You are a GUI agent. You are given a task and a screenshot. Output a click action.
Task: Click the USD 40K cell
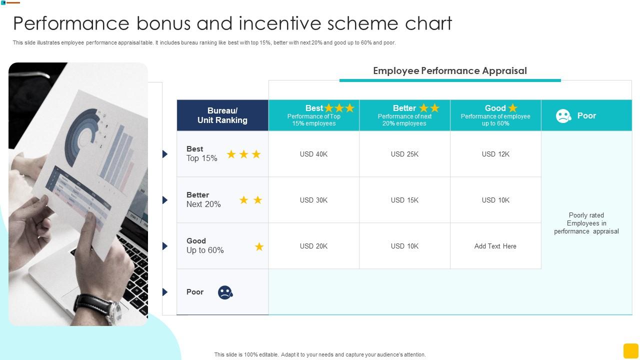[x=313, y=154]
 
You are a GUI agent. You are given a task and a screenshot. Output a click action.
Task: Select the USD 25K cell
[x=404, y=154]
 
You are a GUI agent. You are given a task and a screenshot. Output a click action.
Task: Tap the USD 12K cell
[x=495, y=154]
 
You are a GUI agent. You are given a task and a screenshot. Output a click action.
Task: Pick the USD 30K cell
[x=313, y=200]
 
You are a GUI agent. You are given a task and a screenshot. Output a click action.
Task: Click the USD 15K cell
[x=404, y=200]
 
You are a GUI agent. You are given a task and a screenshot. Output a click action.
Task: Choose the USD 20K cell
[x=313, y=246]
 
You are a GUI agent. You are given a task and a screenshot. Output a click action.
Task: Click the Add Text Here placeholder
[x=495, y=246]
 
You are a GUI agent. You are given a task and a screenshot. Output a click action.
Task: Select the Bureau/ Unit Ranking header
[x=222, y=115]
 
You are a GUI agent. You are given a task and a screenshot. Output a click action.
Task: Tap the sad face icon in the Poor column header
[x=563, y=116]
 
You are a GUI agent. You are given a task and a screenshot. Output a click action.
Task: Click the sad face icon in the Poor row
[x=225, y=292]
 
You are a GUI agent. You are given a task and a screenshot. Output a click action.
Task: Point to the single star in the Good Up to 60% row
[x=259, y=246]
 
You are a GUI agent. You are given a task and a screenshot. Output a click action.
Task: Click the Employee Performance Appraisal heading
[x=450, y=71]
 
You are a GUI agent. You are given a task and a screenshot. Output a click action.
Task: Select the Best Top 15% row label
[x=202, y=154]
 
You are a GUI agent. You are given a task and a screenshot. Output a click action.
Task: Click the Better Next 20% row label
[x=203, y=200]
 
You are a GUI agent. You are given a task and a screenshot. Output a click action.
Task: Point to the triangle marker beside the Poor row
[x=164, y=292]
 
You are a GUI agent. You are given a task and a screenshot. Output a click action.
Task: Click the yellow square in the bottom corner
[x=630, y=350]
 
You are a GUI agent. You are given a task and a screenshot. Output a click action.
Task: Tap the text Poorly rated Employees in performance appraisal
[x=586, y=223]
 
